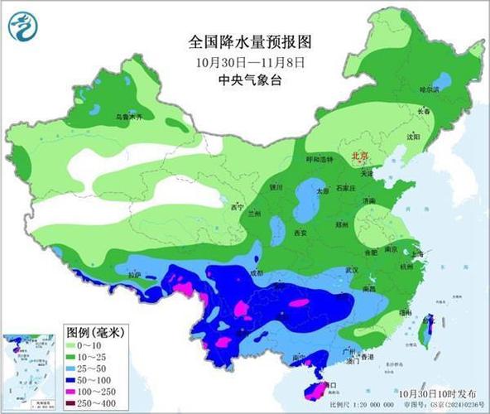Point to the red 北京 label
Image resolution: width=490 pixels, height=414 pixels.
point(359,155)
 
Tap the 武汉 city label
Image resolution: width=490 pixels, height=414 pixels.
point(352,270)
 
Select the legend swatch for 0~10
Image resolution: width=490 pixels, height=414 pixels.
point(70,344)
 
